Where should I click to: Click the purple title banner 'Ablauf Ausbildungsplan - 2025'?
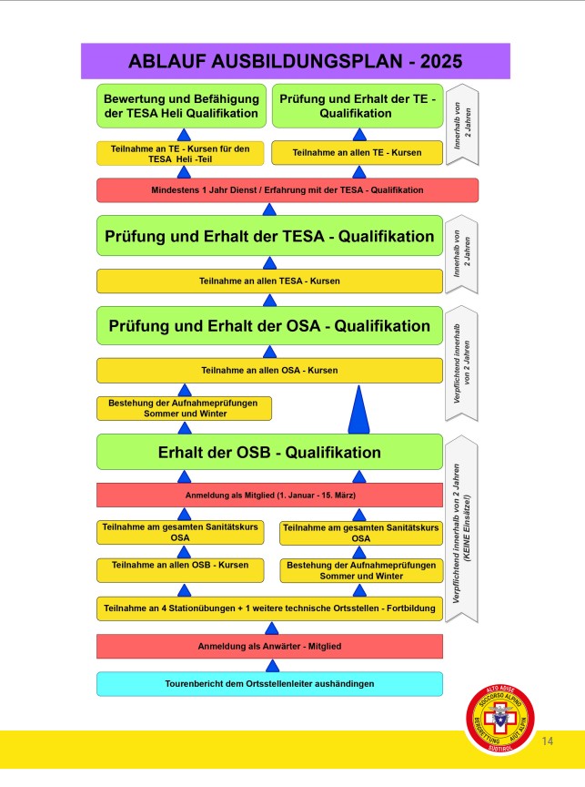(x=295, y=61)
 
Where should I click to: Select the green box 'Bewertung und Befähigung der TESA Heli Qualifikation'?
(x=183, y=106)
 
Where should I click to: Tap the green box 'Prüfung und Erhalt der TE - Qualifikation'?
(x=357, y=106)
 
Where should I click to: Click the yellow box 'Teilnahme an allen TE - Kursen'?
(x=357, y=152)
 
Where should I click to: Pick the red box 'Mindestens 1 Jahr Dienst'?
(x=287, y=190)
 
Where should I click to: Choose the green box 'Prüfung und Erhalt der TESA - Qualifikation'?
(x=269, y=237)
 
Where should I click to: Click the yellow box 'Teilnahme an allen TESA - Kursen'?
(x=269, y=281)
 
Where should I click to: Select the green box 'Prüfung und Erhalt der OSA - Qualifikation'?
(x=269, y=326)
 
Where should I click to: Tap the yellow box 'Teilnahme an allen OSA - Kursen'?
(x=269, y=371)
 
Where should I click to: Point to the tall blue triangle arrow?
(x=359, y=410)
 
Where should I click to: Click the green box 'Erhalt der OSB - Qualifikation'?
(x=269, y=452)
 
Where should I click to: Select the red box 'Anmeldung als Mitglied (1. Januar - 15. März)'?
(x=269, y=495)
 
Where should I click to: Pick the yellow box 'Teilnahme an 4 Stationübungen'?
(x=269, y=608)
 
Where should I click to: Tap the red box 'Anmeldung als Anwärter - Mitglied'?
(x=269, y=646)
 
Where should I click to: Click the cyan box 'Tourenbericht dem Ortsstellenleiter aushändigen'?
(x=269, y=683)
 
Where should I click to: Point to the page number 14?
(x=548, y=741)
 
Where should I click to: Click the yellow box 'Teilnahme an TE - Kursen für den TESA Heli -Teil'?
(x=183, y=152)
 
